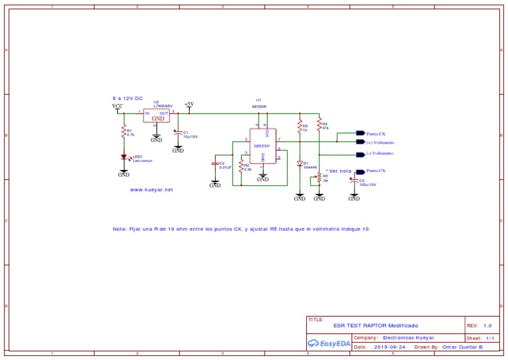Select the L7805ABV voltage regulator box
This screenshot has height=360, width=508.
pyautogui.click(x=157, y=116)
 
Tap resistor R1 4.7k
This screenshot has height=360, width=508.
pyautogui.click(x=124, y=132)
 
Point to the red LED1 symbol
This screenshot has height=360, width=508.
pyautogui.click(x=124, y=157)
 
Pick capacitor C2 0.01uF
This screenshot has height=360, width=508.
pyautogui.click(x=215, y=163)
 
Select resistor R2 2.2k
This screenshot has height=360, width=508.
pyautogui.click(x=241, y=167)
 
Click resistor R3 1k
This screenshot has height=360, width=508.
pyautogui.click(x=300, y=127)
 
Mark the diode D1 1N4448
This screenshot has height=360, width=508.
pyautogui.click(x=300, y=163)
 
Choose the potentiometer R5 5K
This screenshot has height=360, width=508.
pyautogui.click(x=319, y=177)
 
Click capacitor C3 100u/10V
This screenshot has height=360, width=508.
pyautogui.click(x=352, y=181)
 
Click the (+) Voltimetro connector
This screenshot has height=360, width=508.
pyautogui.click(x=360, y=142)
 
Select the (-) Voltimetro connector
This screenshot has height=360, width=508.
pyautogui.click(x=360, y=154)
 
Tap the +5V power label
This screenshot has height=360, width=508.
pyautogui.click(x=189, y=105)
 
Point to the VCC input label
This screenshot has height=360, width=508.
pyautogui.click(x=117, y=106)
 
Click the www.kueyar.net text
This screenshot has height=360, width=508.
pyautogui.click(x=151, y=189)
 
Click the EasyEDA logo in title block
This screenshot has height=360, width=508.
pyautogui.click(x=328, y=343)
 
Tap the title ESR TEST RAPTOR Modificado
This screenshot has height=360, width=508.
pyautogui.click(x=376, y=326)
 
